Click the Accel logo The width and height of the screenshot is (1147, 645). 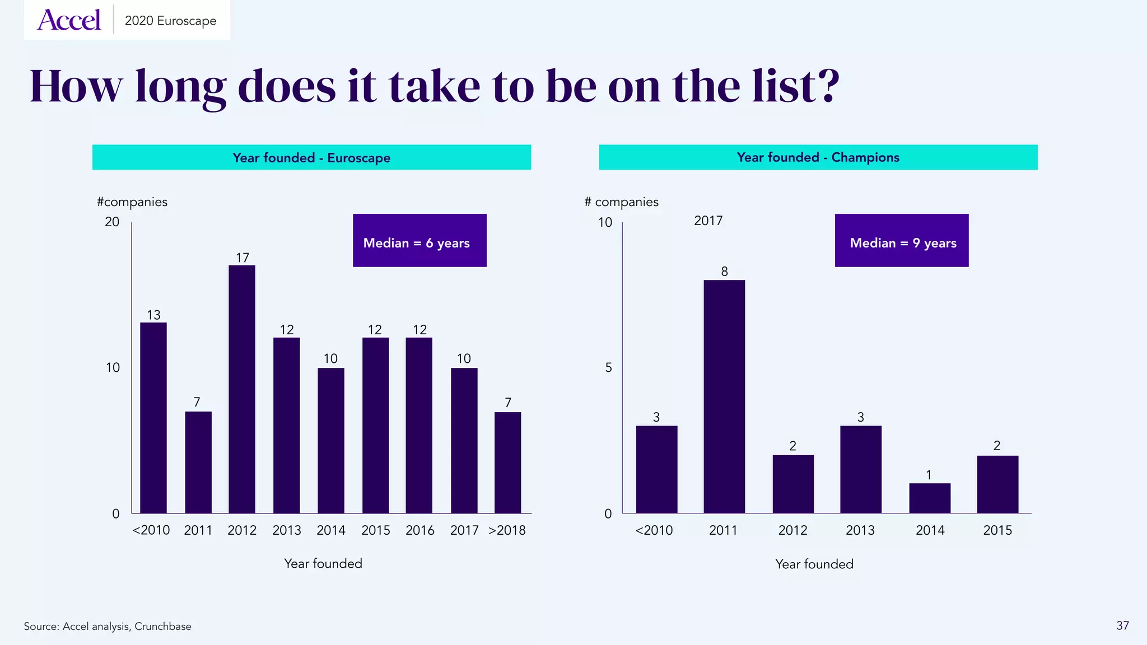69,20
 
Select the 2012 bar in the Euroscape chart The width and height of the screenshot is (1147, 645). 242,389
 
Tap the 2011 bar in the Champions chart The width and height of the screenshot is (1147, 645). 724,396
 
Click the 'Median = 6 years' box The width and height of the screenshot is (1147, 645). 419,241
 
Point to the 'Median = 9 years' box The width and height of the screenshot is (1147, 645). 901,241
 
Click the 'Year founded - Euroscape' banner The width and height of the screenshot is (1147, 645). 311,157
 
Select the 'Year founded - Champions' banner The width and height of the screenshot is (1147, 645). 818,157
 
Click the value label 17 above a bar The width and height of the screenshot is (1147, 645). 242,258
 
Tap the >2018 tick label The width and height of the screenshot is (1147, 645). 507,530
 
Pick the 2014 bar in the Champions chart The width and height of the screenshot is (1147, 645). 930,498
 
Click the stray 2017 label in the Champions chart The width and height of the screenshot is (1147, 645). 708,221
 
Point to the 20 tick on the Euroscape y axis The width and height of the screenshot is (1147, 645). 112,222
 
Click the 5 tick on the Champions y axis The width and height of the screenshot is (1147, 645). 608,368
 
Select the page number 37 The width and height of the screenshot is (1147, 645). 1122,625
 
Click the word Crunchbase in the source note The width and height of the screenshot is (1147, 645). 162,627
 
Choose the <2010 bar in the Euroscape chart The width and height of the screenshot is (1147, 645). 153,418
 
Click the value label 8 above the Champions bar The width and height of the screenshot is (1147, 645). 724,272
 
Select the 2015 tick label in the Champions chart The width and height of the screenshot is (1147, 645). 997,530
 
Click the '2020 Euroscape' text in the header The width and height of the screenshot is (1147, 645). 170,21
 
